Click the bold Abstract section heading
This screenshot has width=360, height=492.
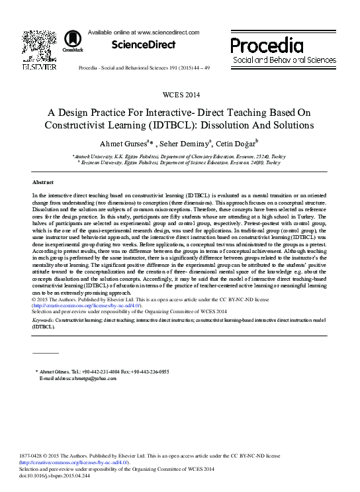tap(43, 181)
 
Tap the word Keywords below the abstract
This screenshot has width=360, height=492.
tap(44, 320)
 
